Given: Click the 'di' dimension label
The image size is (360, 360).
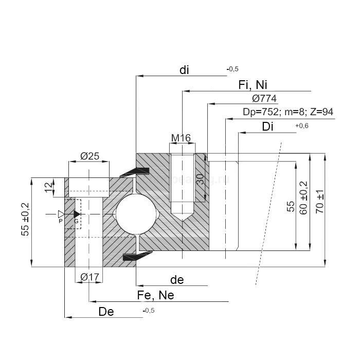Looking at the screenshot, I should click(185, 71).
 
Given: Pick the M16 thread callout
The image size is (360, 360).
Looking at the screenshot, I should click(181, 138).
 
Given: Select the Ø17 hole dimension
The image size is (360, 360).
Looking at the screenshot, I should click(90, 277).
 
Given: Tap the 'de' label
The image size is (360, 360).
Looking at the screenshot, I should click(176, 280).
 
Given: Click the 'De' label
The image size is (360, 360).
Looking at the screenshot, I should click(106, 311).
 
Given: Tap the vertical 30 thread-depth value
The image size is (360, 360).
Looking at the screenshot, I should click(201, 179).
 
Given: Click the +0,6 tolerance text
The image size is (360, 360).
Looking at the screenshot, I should click(301, 127).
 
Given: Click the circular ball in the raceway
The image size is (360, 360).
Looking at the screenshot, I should click(135, 213).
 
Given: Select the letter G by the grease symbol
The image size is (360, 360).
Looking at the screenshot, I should click(77, 221).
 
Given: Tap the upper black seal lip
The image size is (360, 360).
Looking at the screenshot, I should click(135, 173).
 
